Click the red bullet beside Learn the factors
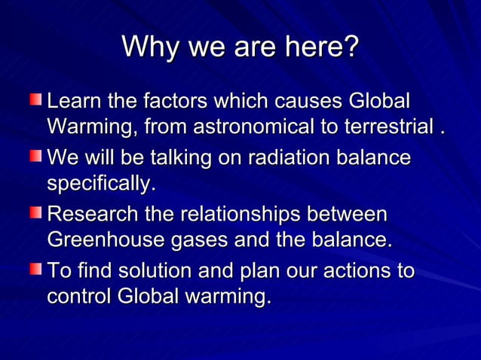pyautogui.click(x=37, y=99)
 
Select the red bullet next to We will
pyautogui.click(x=37, y=157)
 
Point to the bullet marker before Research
pyautogui.click(x=37, y=213)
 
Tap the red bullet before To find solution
pyautogui.click(x=37, y=270)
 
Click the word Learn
pyautogui.click(x=71, y=101)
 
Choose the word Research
pyautogui.click(x=94, y=215)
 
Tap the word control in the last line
pyautogui.click(x=79, y=297)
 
